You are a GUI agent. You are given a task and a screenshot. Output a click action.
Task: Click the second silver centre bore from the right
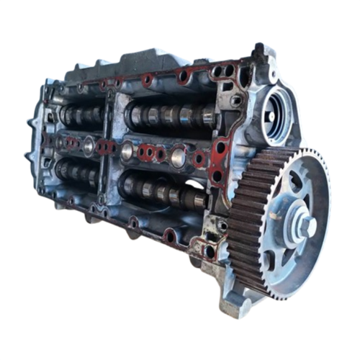tap(127, 150)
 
